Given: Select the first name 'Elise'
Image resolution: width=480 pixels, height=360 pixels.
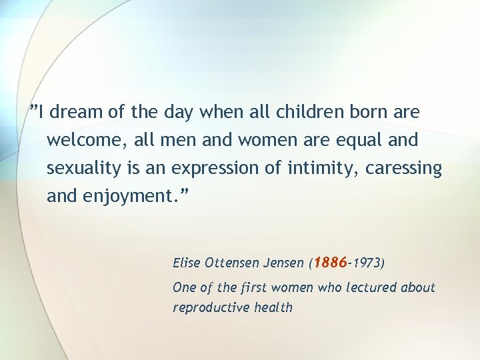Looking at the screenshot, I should (186, 263).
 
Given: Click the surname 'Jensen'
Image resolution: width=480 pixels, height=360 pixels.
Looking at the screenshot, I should (285, 263).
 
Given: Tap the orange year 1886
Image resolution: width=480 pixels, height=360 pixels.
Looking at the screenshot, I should (330, 262).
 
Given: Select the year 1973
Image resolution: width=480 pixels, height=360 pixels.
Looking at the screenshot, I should (366, 263).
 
